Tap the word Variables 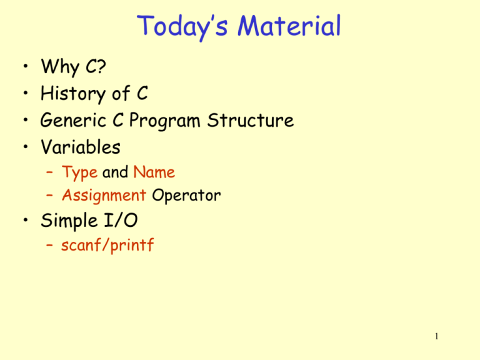pos(81,148)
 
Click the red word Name pos(154,172)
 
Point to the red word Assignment pos(102,196)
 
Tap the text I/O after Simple pos(122,221)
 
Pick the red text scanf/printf pos(107,246)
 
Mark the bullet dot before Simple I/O pos(22,222)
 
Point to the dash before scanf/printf pos(49,246)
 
